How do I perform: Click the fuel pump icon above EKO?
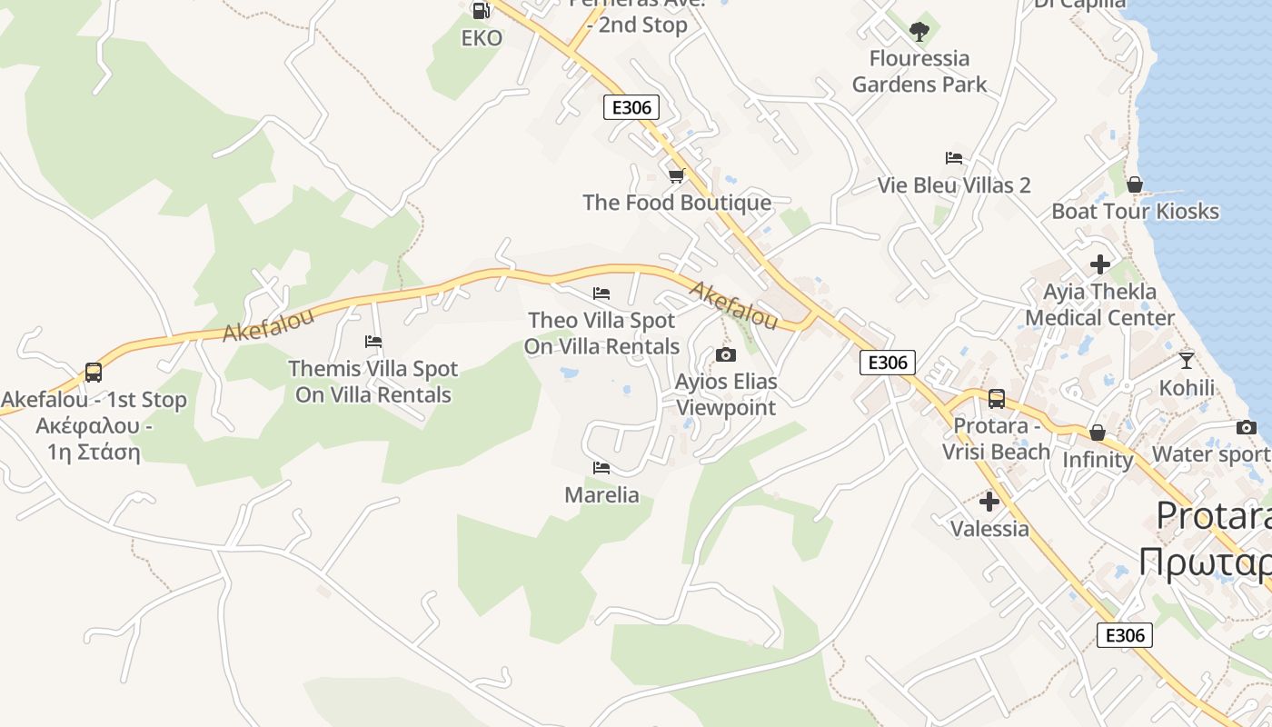point(481,10)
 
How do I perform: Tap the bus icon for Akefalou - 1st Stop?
point(94,372)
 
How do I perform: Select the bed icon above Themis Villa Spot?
point(373,342)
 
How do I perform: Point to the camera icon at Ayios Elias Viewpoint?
point(725,354)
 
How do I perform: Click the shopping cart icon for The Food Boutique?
point(676,175)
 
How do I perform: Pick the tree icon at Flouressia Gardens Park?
point(919,32)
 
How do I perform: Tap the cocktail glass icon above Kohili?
point(1186,360)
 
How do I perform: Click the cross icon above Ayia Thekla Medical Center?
point(1100,264)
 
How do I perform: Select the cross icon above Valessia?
point(989,501)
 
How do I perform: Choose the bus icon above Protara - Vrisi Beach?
point(996,399)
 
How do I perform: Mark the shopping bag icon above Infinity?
point(1098,433)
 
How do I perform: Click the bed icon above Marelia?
point(601,468)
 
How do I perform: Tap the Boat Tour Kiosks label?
point(1135,211)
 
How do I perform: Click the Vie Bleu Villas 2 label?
point(954,185)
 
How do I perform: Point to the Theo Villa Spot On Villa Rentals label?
point(601,334)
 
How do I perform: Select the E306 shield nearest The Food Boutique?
point(631,108)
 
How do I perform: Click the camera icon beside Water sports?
point(1246,427)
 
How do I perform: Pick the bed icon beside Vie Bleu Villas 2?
point(953,158)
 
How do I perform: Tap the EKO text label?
point(482,38)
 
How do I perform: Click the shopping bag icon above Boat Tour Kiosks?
point(1135,184)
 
